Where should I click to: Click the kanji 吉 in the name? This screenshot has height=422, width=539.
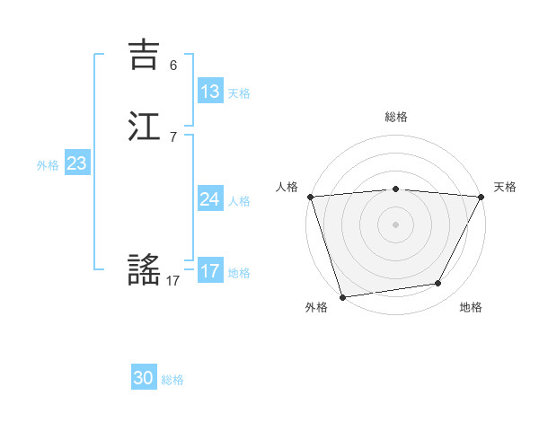coord(144,55)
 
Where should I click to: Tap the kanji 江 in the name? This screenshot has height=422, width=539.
coord(144,126)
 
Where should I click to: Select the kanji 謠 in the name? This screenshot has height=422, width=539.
coord(144,268)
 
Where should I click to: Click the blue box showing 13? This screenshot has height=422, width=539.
coord(210,92)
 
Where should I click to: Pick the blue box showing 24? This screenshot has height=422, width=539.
coord(210,199)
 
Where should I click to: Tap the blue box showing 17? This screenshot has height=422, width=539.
coord(210,271)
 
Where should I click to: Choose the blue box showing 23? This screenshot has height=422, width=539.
coord(77,163)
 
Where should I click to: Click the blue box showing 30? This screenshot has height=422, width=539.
coord(144,378)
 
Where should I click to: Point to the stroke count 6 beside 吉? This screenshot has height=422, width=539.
coord(173,66)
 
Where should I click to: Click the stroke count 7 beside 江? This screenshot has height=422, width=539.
coord(173,137)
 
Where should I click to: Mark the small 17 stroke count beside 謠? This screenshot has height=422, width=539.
coord(173,281)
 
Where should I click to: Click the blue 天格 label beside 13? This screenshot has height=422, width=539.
coord(239,93)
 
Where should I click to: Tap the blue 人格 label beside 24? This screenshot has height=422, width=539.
coord(239,201)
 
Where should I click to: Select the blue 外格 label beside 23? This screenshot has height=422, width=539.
coord(48,165)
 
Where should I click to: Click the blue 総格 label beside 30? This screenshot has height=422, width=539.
coord(172,380)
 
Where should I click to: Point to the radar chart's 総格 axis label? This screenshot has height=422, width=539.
coord(396,117)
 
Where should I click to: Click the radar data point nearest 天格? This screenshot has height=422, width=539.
coord(482,197)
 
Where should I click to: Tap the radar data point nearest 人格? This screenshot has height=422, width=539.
coord(310,197)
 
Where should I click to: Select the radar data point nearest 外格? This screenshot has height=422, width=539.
coord(342,296)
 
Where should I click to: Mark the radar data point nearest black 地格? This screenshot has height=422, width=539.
coord(438,284)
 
